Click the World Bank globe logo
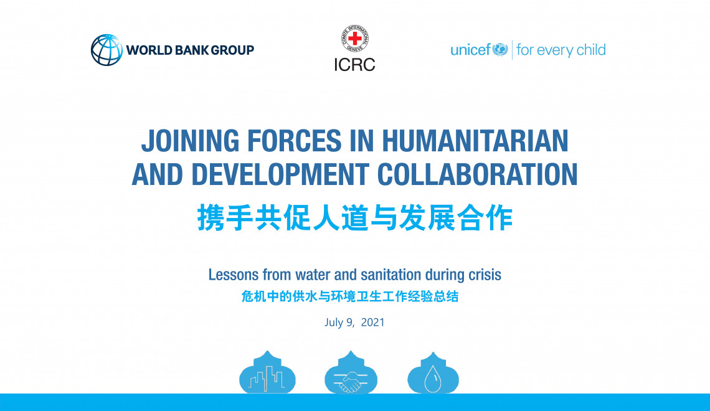tap(107, 50)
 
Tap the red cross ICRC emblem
tap(354, 39)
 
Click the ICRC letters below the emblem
tap(354, 65)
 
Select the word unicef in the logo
tap(470, 49)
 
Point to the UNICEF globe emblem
tap(500, 49)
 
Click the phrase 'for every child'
tap(561, 50)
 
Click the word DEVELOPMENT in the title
tap(280, 174)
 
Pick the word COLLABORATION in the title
tap(478, 174)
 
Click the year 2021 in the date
tap(372, 323)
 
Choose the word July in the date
tap(334, 323)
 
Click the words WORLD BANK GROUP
tap(190, 50)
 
